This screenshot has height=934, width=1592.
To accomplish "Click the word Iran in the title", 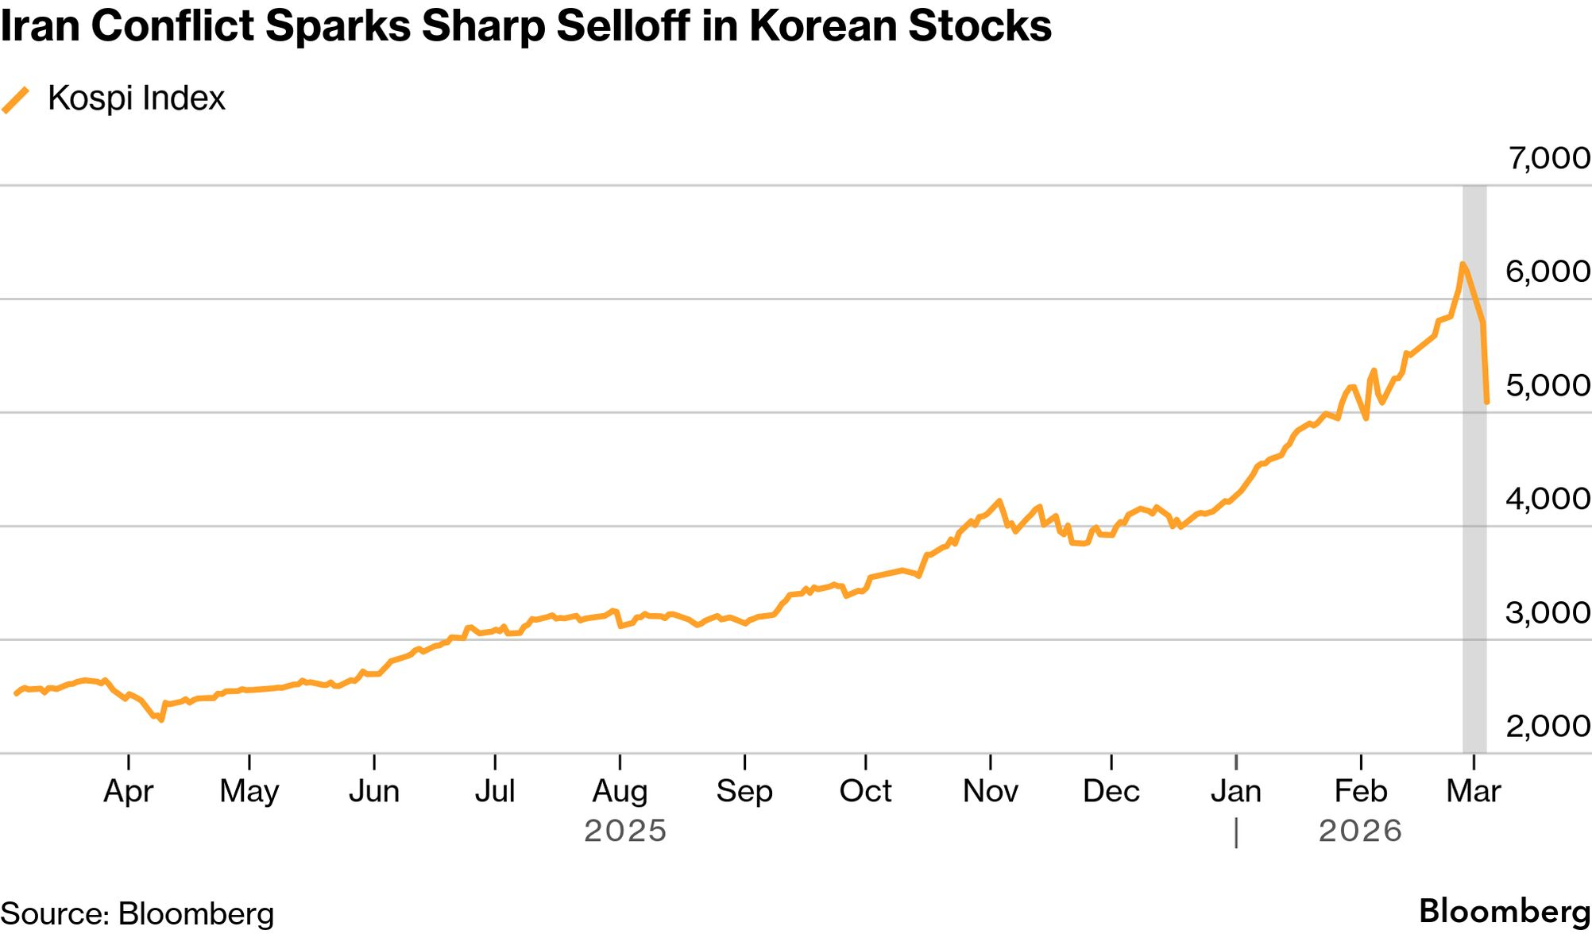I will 39,25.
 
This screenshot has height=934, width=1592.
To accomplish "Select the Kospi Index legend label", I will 136,98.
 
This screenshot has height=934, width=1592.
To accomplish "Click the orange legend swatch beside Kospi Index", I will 16,100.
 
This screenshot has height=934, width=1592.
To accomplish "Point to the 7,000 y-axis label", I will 1548,158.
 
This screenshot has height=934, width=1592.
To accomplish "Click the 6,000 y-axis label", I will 1548,272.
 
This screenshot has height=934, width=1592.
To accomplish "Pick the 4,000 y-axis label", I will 1548,499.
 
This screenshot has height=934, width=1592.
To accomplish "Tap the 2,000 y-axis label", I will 1548,726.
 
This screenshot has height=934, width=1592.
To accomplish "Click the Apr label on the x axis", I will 128,791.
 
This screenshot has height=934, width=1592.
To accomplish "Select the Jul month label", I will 495,791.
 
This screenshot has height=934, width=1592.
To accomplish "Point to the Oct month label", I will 865,791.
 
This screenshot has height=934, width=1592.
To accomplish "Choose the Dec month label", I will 1111,791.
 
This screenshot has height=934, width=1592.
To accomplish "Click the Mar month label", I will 1474,791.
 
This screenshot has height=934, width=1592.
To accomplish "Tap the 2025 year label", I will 625,831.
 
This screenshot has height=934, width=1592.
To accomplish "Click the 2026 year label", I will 1360,831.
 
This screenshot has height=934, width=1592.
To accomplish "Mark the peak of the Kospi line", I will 1462,264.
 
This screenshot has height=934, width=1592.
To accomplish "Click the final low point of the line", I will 1486,403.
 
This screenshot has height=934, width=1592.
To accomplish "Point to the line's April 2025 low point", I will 161,720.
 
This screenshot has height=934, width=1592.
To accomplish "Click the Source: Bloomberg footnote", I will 137,913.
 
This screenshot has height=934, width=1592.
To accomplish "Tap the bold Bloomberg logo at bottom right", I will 1505,911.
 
